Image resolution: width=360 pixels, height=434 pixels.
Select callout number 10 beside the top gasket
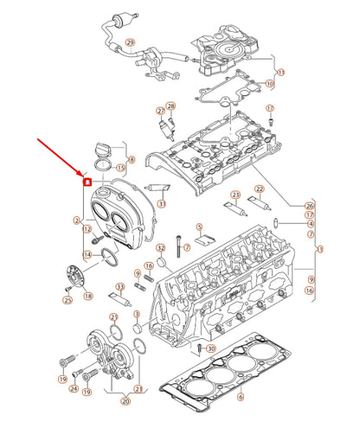pos(269,84)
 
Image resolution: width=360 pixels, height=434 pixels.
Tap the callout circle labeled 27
pos(160,112)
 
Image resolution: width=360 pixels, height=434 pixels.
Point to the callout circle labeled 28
pos(170,106)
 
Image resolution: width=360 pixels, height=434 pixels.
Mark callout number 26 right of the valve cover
pos(310,206)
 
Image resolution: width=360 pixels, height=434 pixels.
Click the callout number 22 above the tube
pos(259,189)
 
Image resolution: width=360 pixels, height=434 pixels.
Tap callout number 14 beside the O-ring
pos(87,255)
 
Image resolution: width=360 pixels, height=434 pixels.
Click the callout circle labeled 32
pos(160,249)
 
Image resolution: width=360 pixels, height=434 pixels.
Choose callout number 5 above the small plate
pos(198,227)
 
